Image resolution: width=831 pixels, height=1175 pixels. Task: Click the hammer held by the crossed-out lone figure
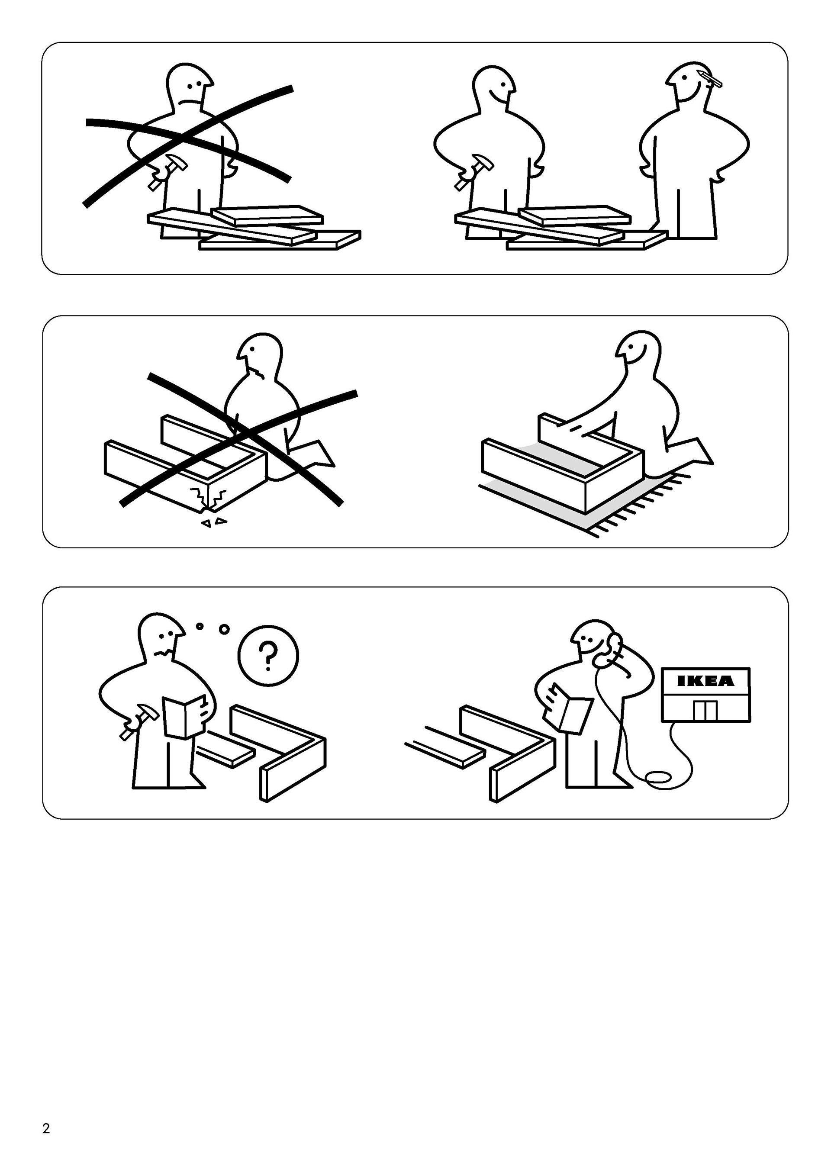166,171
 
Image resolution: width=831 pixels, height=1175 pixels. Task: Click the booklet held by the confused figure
184,716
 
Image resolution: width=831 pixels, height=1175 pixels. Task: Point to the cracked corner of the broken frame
208,499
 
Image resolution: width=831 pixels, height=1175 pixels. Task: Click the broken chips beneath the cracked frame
214,522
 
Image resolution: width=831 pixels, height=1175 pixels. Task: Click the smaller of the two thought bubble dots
200,626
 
